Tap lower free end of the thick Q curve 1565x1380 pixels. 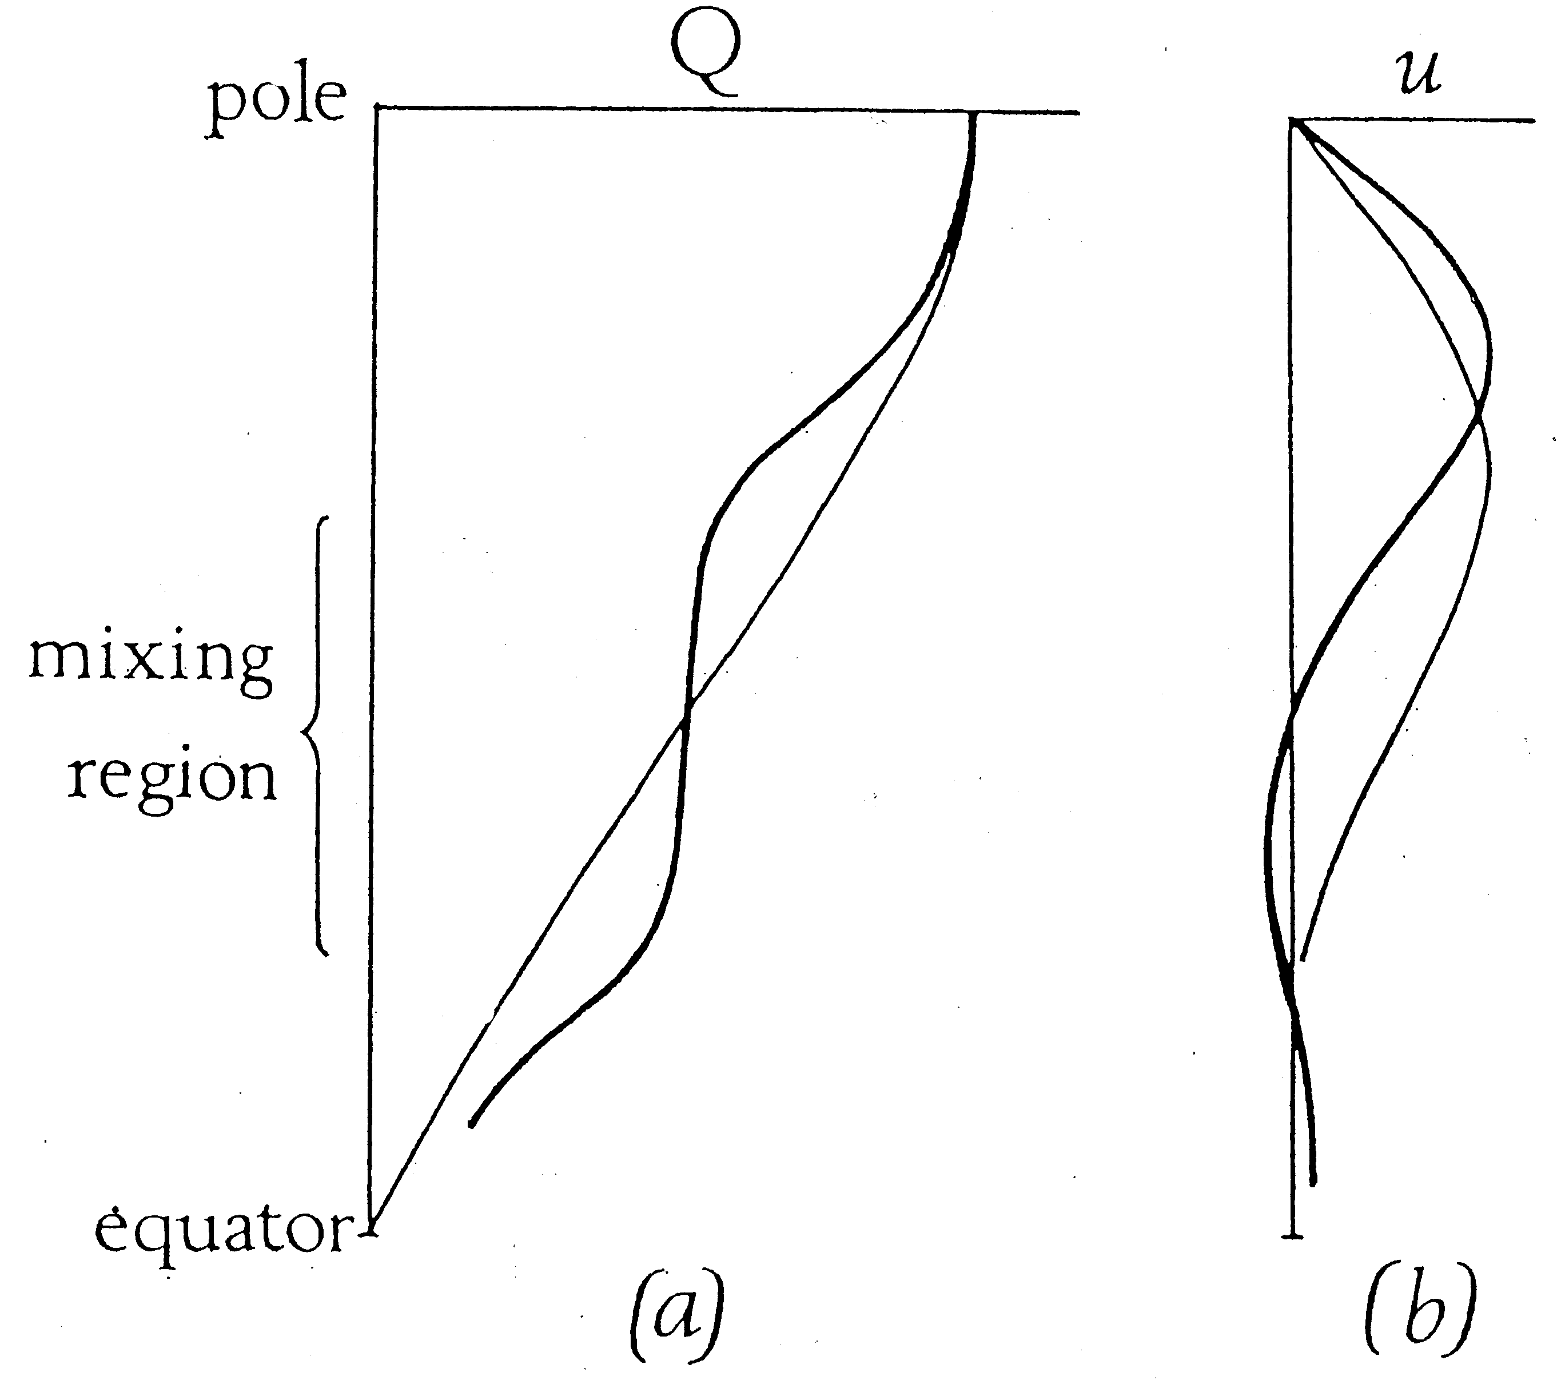point(472,1125)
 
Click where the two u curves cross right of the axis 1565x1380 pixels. point(1479,416)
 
